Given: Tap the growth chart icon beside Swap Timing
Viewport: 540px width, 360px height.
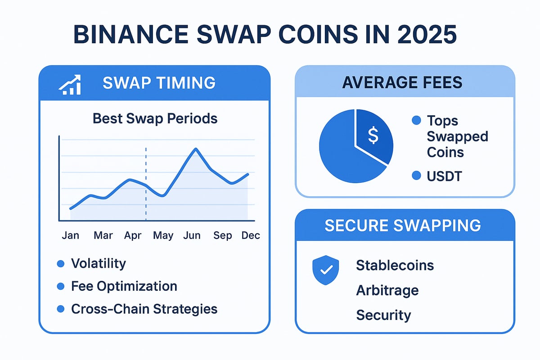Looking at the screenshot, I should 70,84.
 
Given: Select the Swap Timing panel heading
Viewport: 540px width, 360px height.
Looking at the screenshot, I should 159,83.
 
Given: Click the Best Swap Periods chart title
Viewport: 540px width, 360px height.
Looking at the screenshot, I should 155,118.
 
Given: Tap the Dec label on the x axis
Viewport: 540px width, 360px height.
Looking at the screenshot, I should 250,235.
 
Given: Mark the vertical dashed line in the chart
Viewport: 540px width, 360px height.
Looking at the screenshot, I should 146,184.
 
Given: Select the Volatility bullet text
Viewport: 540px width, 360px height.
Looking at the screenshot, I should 99,264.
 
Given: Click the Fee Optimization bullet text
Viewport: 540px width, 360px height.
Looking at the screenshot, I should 124,286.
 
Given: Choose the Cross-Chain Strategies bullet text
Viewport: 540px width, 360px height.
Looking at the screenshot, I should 144,309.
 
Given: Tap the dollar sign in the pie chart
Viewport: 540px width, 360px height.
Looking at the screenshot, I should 373,135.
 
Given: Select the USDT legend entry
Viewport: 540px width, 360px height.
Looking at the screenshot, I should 444,176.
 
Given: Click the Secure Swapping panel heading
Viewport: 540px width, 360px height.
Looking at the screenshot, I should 402,225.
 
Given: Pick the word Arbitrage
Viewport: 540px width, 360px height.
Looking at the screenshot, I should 387,290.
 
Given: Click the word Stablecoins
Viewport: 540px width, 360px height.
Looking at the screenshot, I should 395,265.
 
